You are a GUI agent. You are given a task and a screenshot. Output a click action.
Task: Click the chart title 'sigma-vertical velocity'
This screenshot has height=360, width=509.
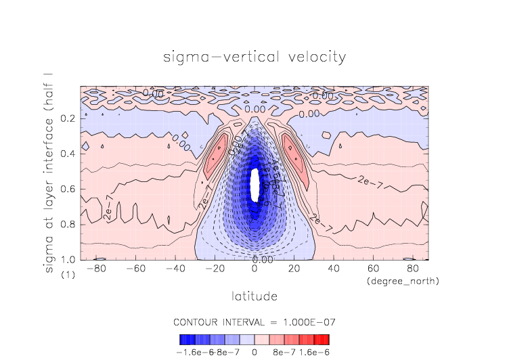tap(255, 57)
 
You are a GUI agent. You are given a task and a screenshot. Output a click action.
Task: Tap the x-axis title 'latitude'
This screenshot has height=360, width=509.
tap(255, 296)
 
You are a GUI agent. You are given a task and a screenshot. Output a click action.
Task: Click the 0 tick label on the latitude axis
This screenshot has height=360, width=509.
tap(255, 269)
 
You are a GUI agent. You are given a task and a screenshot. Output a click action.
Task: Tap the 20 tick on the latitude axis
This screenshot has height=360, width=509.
tap(294, 269)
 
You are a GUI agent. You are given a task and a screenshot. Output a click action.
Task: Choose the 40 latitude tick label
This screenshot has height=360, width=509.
tap(333, 269)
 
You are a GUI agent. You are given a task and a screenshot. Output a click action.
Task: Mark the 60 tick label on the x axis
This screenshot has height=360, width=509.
tap(372, 269)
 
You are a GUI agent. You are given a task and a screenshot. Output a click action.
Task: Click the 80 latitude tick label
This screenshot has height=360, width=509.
tap(411, 269)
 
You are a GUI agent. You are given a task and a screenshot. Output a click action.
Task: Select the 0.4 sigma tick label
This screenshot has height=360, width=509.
tap(68, 154)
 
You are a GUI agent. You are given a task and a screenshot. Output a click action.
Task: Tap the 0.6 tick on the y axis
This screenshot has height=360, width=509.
tap(68, 189)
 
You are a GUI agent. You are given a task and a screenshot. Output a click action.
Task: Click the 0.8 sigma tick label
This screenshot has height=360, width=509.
tap(68, 224)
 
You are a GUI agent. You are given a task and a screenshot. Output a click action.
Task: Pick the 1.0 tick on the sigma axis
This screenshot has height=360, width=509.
tap(68, 259)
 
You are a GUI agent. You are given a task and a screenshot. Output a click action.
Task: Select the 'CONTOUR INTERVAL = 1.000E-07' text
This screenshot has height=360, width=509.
tap(255, 321)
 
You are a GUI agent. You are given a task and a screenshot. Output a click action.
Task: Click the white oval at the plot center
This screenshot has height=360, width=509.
tap(255, 185)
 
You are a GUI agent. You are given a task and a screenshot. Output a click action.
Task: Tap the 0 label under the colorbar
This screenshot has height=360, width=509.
tap(255, 352)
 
